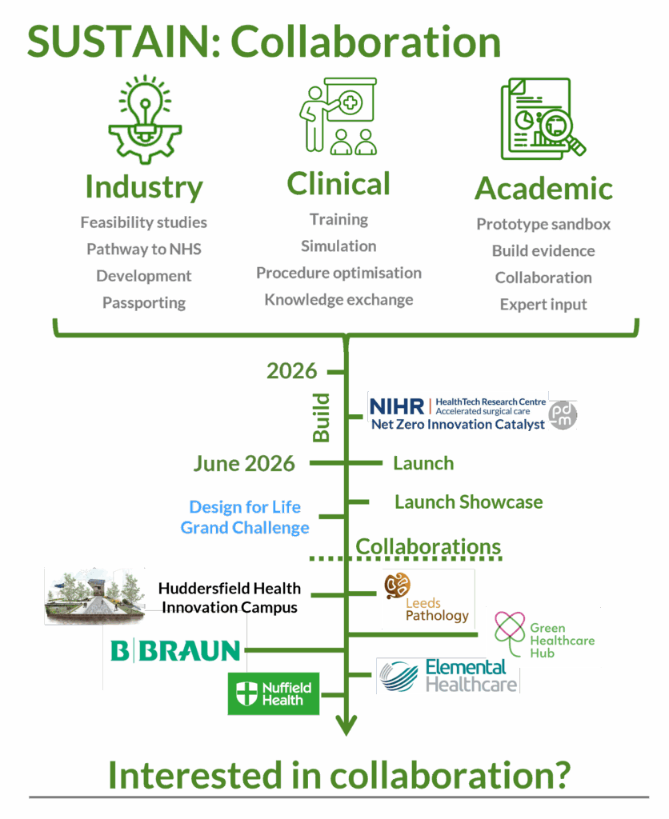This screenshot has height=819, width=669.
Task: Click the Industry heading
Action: pos(144,188)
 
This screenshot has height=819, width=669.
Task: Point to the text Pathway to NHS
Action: pos(144,250)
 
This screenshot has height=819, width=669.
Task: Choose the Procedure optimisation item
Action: pos(339,274)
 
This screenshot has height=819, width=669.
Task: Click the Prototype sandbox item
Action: pos(543,225)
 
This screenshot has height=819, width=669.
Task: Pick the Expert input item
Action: pos(543,305)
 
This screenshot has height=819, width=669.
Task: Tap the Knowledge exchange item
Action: pos(339,301)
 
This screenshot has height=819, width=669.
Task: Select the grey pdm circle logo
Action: pos(563,414)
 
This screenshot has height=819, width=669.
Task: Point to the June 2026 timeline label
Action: pos(244,463)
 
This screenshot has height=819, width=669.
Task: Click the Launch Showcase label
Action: pos(468,502)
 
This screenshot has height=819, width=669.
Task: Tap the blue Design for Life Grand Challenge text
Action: pos(245,517)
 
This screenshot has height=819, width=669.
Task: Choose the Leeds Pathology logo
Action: pos(427,599)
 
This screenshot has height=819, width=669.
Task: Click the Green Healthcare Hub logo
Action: pos(543,637)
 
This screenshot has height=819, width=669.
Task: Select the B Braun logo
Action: pos(174,650)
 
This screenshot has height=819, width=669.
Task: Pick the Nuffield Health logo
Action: pos(274,693)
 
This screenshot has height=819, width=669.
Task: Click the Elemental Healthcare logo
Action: pos(448,676)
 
